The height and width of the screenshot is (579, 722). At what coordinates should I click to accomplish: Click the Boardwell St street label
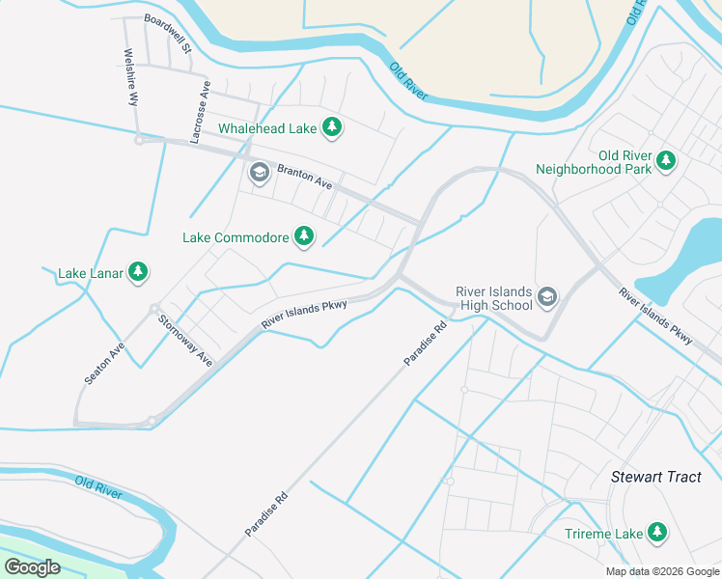pyautogui.click(x=169, y=33)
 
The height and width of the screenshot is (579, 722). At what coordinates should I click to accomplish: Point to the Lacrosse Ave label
pyautogui.click(x=201, y=112)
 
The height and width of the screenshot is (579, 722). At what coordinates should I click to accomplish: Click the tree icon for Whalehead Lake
pyautogui.click(x=332, y=127)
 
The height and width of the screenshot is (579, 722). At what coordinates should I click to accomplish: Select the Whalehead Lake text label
pyautogui.click(x=267, y=128)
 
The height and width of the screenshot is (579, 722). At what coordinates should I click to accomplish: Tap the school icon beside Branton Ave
pyautogui.click(x=259, y=174)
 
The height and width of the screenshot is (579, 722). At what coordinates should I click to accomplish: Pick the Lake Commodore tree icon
pyautogui.click(x=304, y=236)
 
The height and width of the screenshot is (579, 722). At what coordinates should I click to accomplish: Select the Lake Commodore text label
pyautogui.click(x=236, y=237)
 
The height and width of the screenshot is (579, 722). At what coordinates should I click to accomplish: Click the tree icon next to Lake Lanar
pyautogui.click(x=138, y=273)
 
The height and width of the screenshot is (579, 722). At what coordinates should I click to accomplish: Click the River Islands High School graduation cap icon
pyautogui.click(x=548, y=297)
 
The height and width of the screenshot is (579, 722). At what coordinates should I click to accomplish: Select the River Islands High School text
pyautogui.click(x=494, y=298)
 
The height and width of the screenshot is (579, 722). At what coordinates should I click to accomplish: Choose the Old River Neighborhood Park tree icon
pyautogui.click(x=665, y=160)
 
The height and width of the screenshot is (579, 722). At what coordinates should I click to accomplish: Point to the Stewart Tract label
pyautogui.click(x=656, y=477)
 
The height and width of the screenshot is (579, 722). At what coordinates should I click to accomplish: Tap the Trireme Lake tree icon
pyautogui.click(x=657, y=533)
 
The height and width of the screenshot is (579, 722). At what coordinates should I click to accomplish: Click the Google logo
pyautogui.click(x=32, y=567)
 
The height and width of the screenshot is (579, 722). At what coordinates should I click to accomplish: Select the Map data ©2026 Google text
pyautogui.click(x=662, y=571)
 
